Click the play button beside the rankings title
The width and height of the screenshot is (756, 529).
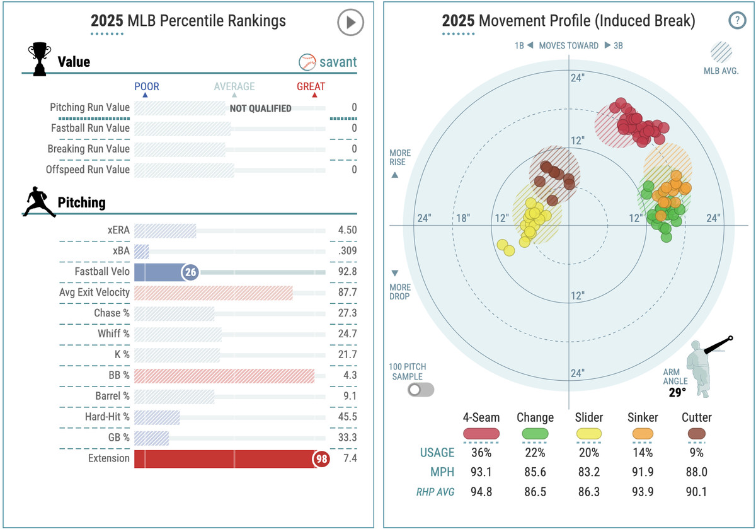(350, 23)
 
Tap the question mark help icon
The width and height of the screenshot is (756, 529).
(736, 21)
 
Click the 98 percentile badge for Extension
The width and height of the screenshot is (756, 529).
(321, 459)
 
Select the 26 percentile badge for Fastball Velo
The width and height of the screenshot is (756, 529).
(190, 272)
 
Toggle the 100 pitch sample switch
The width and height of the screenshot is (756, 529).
(421, 390)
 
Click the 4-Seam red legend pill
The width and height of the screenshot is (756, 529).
(481, 434)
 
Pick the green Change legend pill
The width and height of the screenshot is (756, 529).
(535, 434)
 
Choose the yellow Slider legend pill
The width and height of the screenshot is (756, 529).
(588, 434)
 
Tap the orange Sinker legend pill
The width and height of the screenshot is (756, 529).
(643, 434)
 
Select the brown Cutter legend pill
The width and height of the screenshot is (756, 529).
(696, 434)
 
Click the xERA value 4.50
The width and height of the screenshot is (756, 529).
(347, 231)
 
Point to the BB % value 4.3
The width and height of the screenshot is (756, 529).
(350, 376)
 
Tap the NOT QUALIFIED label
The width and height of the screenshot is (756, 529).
(260, 108)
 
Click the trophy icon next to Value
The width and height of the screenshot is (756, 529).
(40, 60)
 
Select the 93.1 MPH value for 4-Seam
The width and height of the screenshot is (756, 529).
(481, 472)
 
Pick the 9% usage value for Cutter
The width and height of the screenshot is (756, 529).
(697, 453)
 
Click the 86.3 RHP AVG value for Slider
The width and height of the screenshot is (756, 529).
(588, 492)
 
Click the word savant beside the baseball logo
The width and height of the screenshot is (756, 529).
(338, 62)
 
